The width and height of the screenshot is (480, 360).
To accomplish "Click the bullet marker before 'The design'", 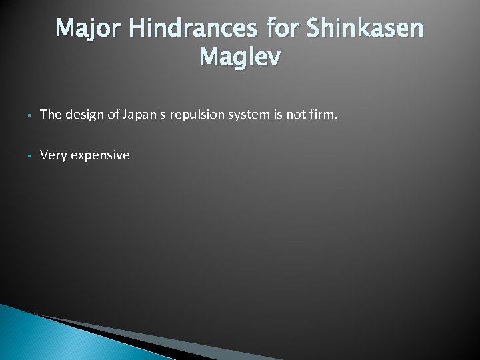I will pyautogui.click(x=23, y=115).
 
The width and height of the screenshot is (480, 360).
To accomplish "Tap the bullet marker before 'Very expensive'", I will pyautogui.click(x=23, y=156).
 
